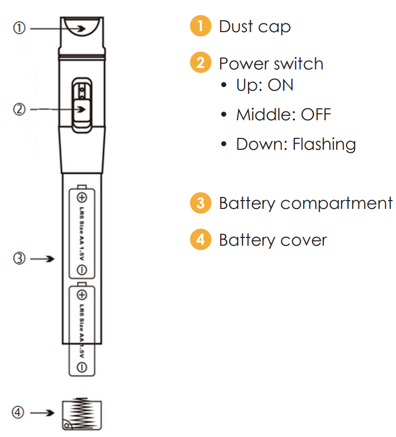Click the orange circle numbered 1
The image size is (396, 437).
click(x=200, y=26)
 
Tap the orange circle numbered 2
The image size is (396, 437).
click(x=200, y=63)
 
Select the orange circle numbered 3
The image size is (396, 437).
click(x=200, y=203)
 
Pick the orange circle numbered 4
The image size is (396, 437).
click(x=200, y=240)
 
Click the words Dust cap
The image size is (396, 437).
click(x=254, y=26)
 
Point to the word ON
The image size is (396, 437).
click(x=280, y=85)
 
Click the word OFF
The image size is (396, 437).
click(x=316, y=115)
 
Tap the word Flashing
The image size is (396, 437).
click(x=324, y=145)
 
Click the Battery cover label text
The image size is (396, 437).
click(x=273, y=241)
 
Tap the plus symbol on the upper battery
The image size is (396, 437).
click(x=82, y=198)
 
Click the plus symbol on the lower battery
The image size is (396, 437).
click(x=82, y=295)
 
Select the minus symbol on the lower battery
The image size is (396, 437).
click(x=82, y=368)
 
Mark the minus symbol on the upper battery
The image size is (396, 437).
click(x=82, y=270)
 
